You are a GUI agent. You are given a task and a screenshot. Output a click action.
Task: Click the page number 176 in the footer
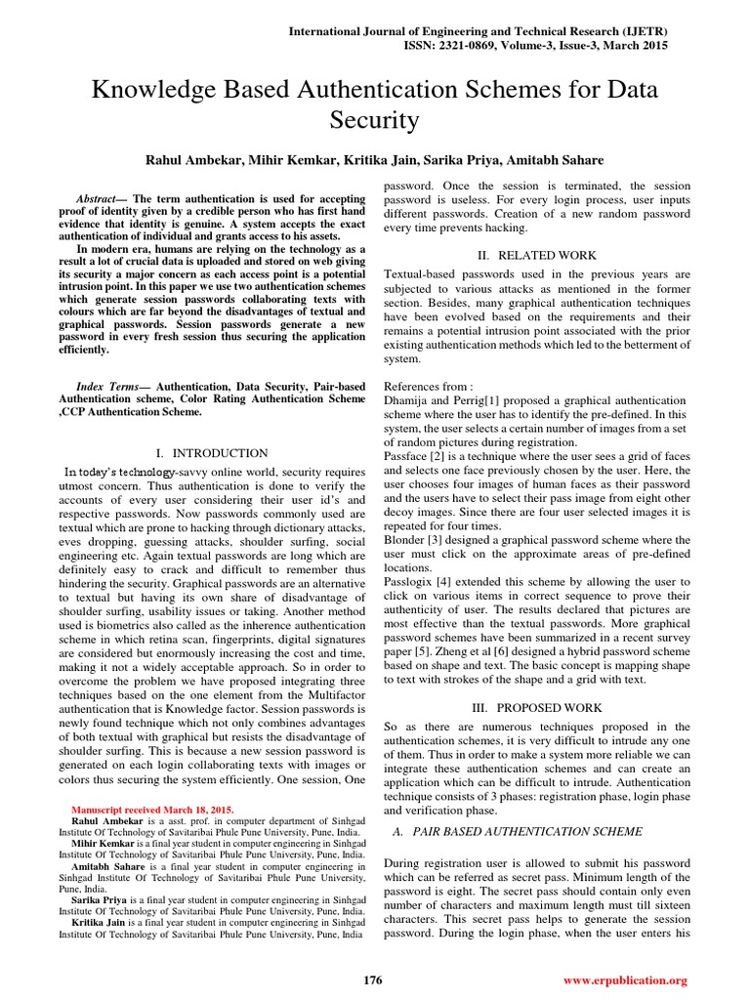pyautogui.click(x=372, y=979)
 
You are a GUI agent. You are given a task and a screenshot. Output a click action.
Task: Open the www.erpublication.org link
pyautogui.click(x=626, y=979)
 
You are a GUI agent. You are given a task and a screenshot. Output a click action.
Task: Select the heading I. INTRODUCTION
pyautogui.click(x=212, y=453)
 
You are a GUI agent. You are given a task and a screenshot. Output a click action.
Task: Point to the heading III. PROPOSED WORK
pyautogui.click(x=538, y=707)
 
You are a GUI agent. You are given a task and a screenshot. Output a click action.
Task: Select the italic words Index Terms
pyautogui.click(x=105, y=387)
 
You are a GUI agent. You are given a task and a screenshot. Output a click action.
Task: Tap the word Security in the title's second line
pyautogui.click(x=374, y=121)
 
